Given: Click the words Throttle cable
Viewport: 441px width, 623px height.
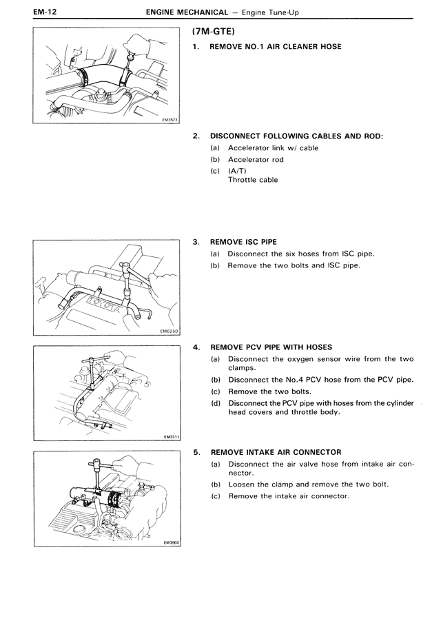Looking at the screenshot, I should click(x=253, y=180).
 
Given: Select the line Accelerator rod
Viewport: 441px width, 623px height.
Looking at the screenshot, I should click(x=256, y=159).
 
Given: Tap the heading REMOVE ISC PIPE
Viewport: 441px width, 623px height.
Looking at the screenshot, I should click(x=243, y=243).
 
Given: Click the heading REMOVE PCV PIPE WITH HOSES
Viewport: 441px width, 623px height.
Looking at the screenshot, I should click(x=271, y=347).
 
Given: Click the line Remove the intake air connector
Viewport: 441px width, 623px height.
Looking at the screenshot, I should click(x=289, y=496).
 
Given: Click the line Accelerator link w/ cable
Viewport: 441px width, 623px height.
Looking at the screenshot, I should click(x=273, y=147).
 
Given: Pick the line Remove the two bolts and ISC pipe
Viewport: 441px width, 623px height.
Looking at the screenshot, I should click(x=294, y=265).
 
